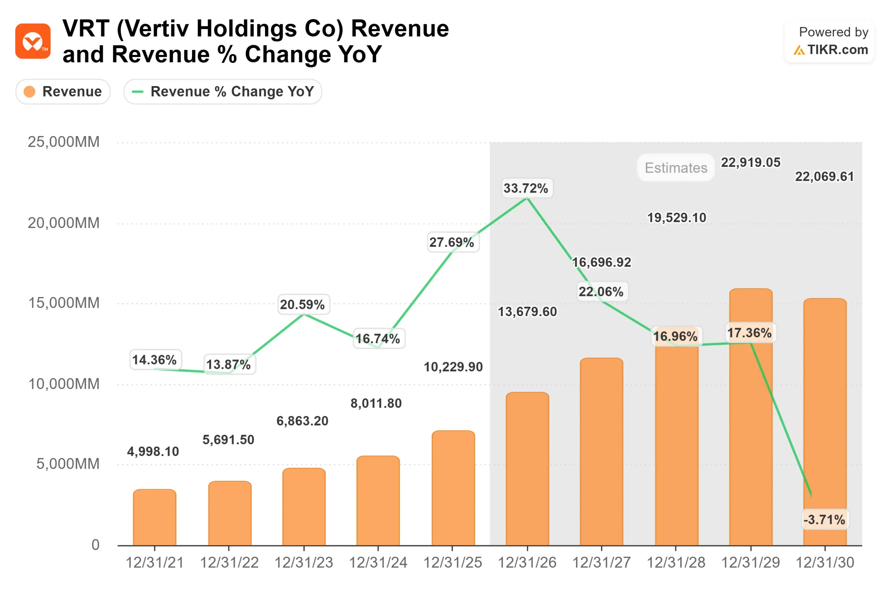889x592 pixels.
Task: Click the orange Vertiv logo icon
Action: (33, 41)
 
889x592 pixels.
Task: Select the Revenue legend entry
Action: (63, 91)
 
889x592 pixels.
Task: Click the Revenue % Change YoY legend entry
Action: (223, 91)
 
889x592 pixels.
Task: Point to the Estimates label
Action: (675, 168)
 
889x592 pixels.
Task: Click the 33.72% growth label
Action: (525, 188)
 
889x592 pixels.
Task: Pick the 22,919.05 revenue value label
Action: (750, 162)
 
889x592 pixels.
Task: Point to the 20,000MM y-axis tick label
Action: (64, 223)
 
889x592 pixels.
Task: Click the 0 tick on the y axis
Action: (95, 545)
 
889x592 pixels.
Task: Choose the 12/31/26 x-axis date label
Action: (527, 563)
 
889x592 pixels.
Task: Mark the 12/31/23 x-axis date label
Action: (304, 563)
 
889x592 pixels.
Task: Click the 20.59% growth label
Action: (302, 304)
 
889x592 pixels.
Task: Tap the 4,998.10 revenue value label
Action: (153, 451)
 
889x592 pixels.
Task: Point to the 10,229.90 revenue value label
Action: (453, 366)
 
